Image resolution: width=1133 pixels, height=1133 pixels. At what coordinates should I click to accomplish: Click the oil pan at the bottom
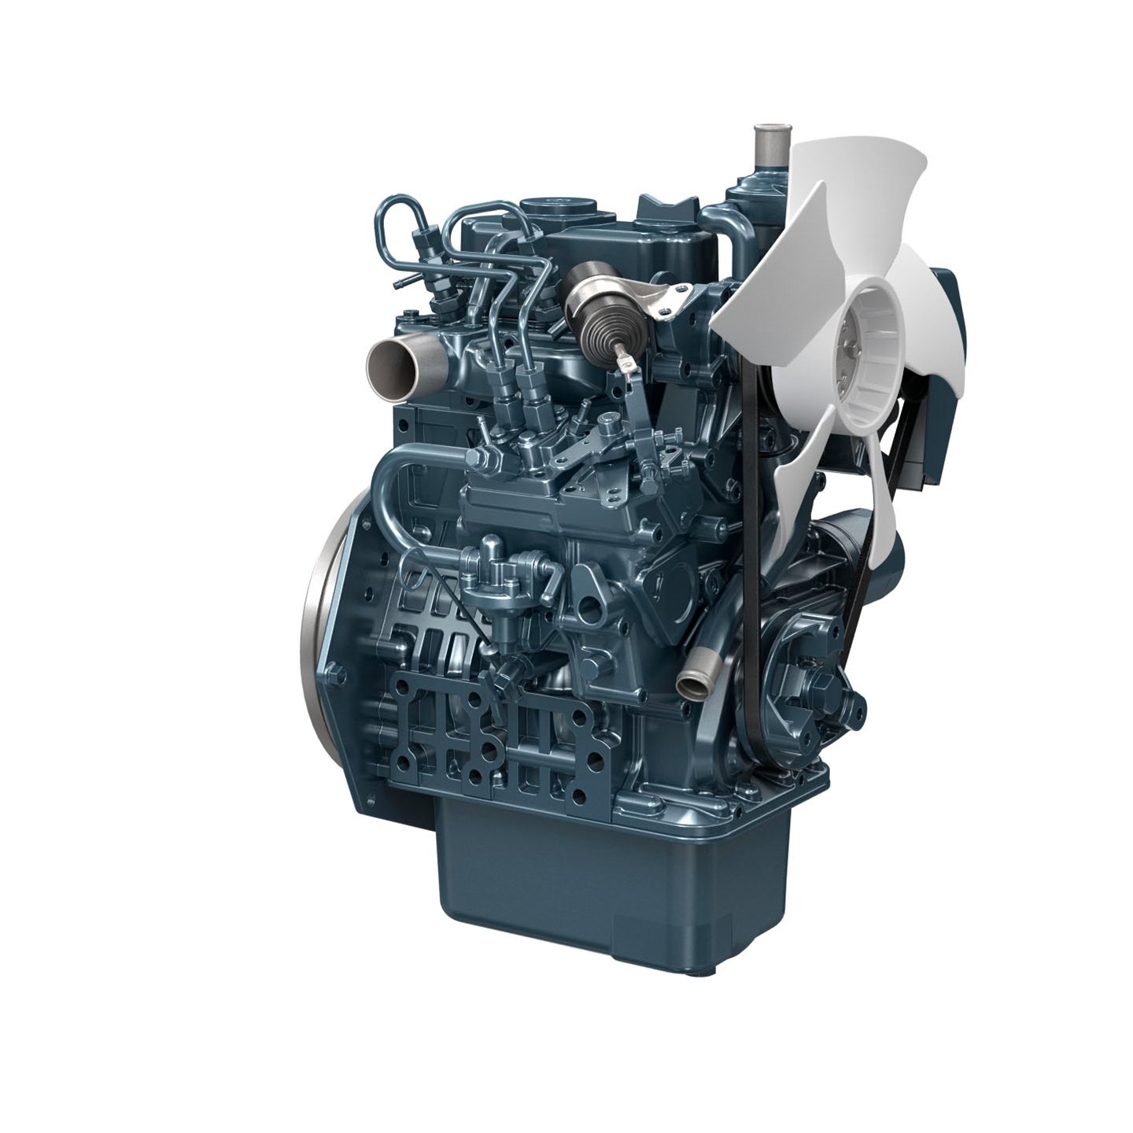click(x=606, y=873)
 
